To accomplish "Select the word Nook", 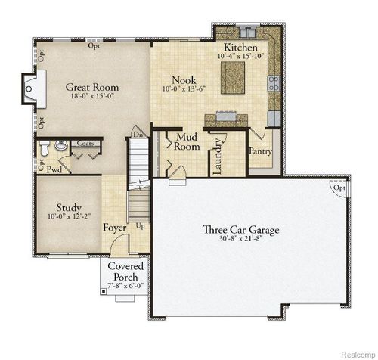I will (x=184, y=79).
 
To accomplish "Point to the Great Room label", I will (x=92, y=87).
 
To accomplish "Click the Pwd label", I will (x=54, y=169).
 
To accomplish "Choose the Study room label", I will (x=69, y=207).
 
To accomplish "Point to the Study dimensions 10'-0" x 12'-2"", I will (x=69, y=218).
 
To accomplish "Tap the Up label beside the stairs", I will (x=140, y=225).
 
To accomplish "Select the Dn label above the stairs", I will (x=138, y=135).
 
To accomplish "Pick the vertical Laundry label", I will (x=217, y=156).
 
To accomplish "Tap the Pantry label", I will (x=261, y=151).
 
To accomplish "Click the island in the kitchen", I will (x=234, y=76).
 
